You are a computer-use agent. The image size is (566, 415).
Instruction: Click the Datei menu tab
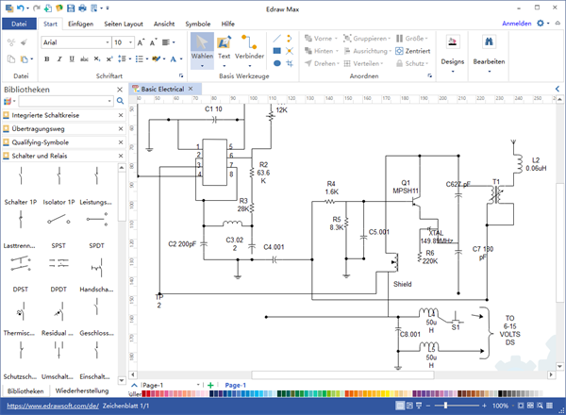20,23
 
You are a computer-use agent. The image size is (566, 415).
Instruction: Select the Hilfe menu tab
228,23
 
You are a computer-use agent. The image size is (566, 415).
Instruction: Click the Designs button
452,49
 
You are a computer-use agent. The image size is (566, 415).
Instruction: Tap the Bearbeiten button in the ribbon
490,49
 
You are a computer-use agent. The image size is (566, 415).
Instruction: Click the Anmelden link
515,23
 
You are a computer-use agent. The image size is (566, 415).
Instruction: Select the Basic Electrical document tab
162,88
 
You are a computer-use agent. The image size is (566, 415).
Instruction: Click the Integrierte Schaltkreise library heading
53,114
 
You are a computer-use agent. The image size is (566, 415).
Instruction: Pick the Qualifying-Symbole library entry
48,142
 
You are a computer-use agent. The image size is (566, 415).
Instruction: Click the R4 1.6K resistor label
331,187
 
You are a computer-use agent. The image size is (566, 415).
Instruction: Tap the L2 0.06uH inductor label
537,164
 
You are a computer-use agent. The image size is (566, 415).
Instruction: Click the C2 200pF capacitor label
182,244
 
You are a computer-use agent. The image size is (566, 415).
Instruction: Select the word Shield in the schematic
403,284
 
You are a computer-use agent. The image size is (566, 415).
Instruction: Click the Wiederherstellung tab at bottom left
81,390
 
